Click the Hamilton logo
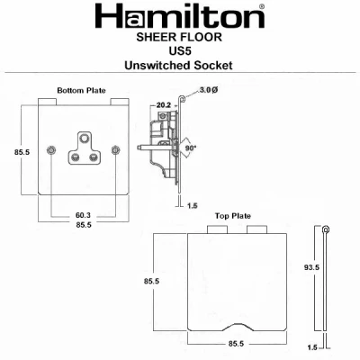coord(180,16)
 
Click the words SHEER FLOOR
coord(179,37)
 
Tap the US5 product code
coord(180,51)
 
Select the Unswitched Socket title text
coord(179,65)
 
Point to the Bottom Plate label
coord(81,90)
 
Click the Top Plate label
coord(233,216)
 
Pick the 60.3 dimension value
coord(83,215)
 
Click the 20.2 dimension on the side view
coord(163,105)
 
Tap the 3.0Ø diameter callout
coord(208,90)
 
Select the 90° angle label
coord(190,148)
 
